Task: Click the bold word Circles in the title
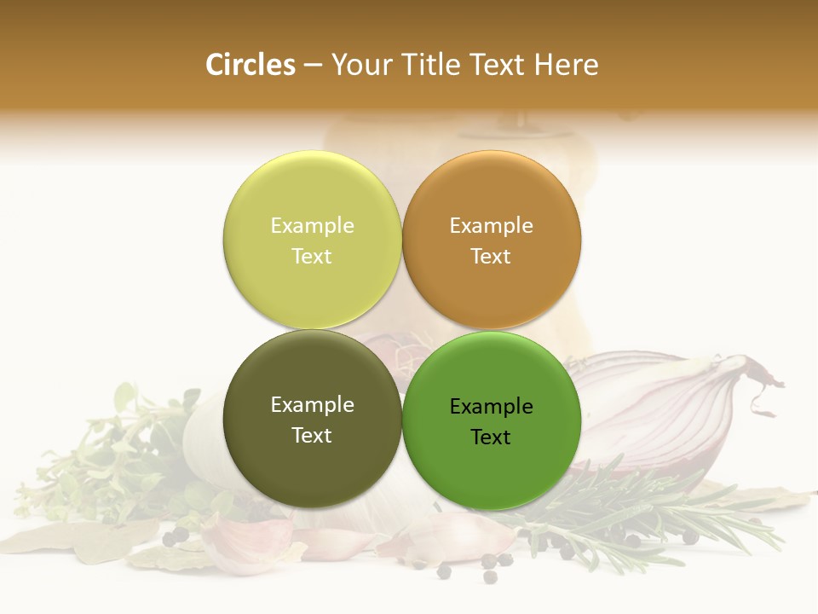250,65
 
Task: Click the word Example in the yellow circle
312,226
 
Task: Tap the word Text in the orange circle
491,257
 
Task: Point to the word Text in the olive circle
312,436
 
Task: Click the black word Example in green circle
491,407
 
